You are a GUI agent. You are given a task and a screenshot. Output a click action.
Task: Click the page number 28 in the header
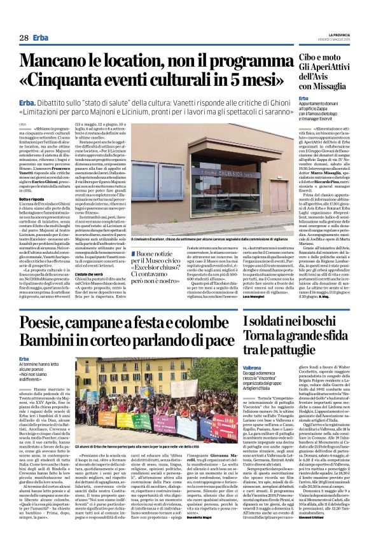[24, 38]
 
